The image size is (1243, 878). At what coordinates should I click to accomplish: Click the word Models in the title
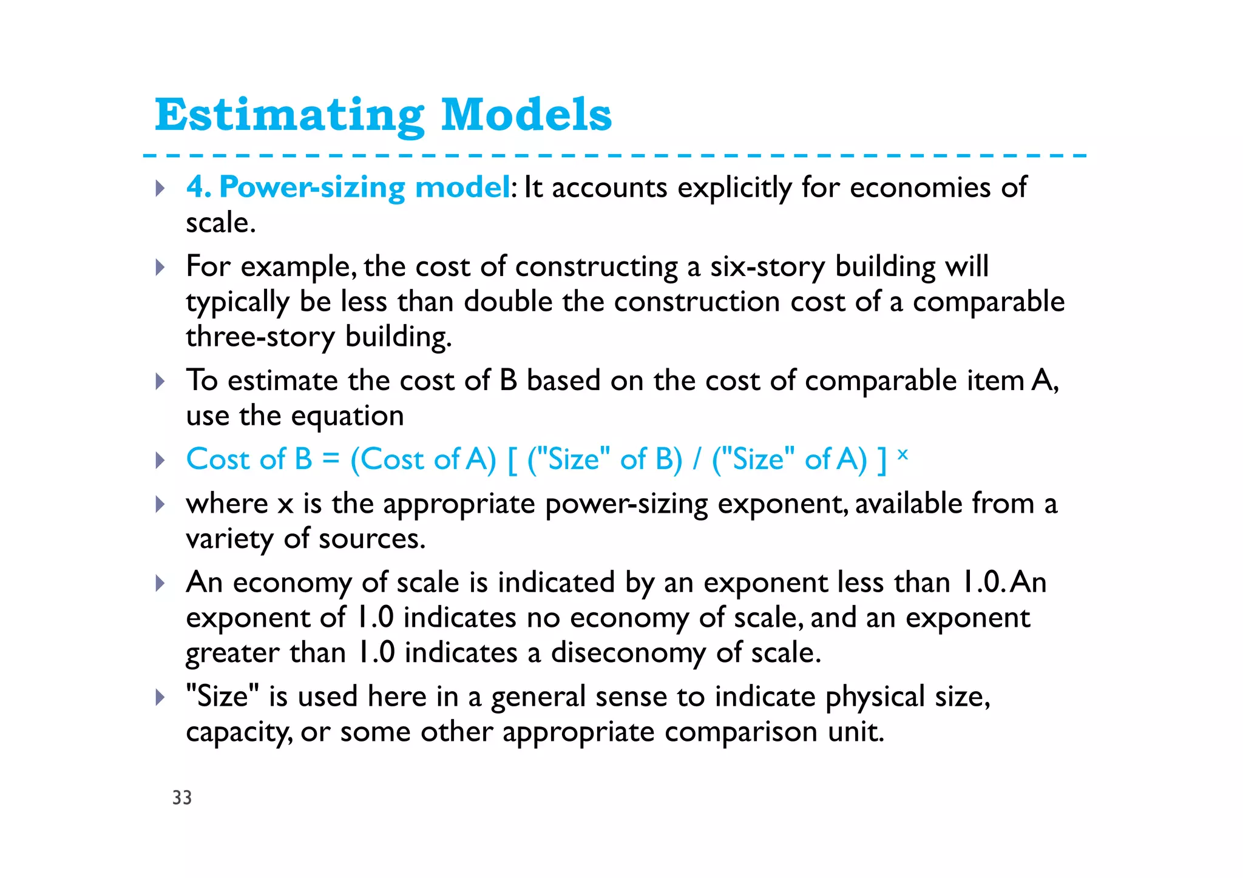tap(526, 115)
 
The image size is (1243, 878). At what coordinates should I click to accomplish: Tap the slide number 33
tap(182, 797)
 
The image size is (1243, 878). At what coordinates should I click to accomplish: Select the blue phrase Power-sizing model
tap(364, 187)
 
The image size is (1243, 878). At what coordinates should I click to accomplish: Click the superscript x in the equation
tap(903, 453)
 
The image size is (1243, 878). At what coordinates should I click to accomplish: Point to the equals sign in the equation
tap(331, 459)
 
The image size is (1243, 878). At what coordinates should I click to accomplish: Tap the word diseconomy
tap(628, 653)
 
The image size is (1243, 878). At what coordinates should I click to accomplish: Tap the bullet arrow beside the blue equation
tap(160, 460)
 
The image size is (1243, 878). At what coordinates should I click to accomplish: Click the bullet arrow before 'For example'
tap(160, 267)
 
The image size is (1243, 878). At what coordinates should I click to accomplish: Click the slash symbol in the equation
tap(697, 459)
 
